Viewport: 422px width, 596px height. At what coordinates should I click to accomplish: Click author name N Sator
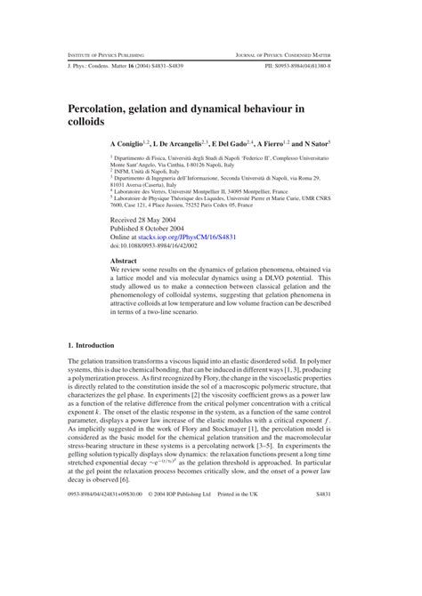[313, 143]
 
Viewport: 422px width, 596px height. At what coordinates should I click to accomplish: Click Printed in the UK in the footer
[244, 567]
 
